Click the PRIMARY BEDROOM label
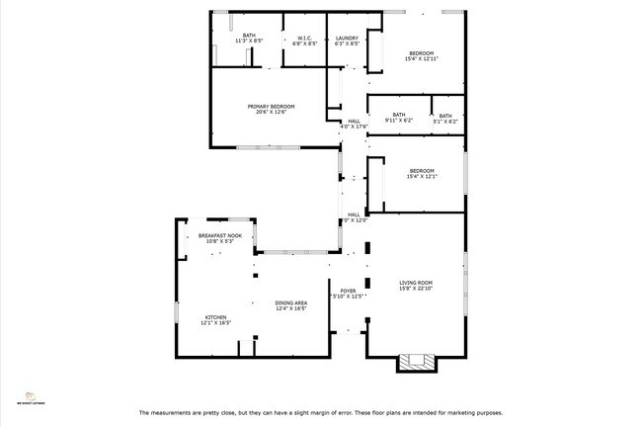click(271, 106)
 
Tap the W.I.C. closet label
click(304, 38)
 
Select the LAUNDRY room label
click(347, 38)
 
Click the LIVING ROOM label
click(416, 283)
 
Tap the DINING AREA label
click(291, 302)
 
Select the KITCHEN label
click(215, 316)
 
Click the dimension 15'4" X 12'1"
click(422, 176)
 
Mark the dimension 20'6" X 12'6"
click(271, 112)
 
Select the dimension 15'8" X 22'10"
click(416, 290)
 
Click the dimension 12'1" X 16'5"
click(215, 323)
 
